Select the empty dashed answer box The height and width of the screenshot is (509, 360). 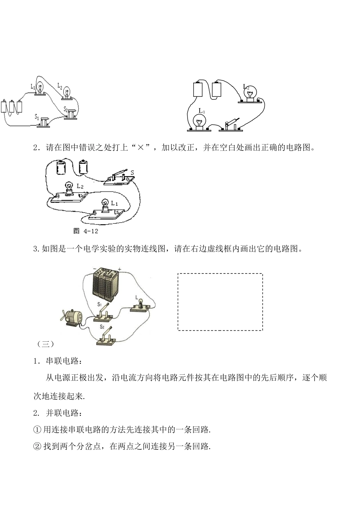220,302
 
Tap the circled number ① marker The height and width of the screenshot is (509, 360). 37,430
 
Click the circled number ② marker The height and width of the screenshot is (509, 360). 37,446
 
